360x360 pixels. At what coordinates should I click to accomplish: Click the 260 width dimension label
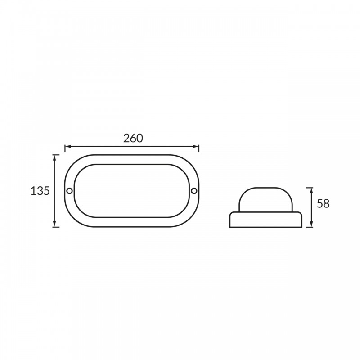pos(133,138)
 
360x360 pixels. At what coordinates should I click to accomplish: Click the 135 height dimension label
pos(40,191)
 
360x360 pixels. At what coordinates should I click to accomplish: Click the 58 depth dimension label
pos(323,204)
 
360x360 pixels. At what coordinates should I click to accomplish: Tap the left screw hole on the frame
pos(69,191)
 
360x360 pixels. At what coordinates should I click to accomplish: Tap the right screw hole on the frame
pos(194,191)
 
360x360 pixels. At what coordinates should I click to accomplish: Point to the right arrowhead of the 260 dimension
pos(196,147)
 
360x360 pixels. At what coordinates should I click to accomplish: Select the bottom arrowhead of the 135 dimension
pos(54,224)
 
